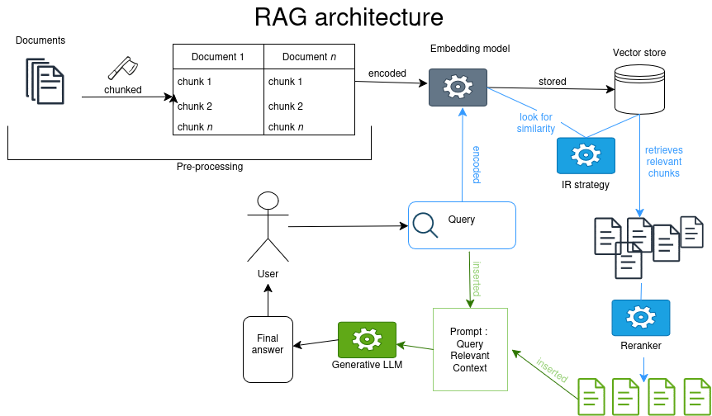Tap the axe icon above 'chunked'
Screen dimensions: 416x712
pos(122,69)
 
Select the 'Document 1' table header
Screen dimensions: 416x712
pos(218,57)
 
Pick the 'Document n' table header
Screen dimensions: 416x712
pos(309,57)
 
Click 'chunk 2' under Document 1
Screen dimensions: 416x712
pos(195,106)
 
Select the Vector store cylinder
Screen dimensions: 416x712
pos(639,88)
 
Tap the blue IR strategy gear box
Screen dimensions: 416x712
pos(586,155)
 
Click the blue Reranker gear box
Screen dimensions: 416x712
pos(640,318)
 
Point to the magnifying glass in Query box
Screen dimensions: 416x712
pos(425,224)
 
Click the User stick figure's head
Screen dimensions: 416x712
pos(267,201)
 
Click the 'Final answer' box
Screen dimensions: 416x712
pos(268,349)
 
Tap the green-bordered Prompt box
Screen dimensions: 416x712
pos(470,349)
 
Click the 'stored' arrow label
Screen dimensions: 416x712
pos(553,83)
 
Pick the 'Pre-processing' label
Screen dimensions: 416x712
pos(210,167)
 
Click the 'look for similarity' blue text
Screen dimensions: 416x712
pos(536,123)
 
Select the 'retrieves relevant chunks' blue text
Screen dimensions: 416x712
pos(663,162)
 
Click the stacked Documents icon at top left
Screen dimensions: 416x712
pos(45,80)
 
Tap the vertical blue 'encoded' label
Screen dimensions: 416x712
pos(477,164)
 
